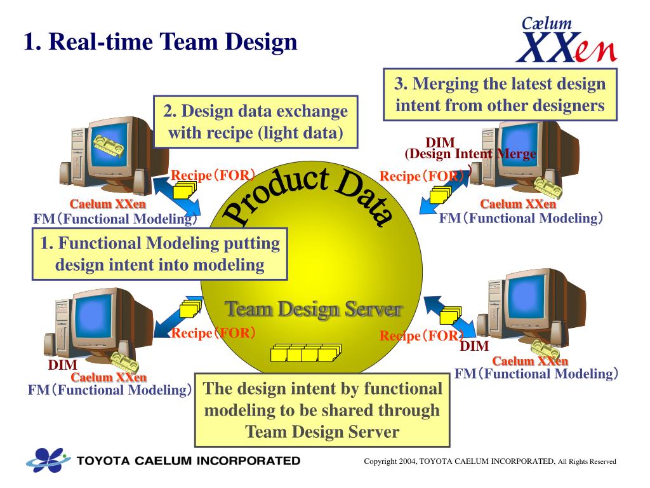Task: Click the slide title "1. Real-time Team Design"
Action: pos(161,43)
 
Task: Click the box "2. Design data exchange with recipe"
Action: pos(255,121)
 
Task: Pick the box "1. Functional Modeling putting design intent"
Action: pos(159,254)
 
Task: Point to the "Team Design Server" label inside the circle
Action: pos(314,310)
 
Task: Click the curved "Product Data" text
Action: pos(311,194)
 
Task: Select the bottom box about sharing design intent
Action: pos(322,410)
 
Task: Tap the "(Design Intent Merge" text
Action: pos(470,154)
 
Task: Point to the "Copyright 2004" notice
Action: pos(489,461)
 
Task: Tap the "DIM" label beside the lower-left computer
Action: pos(62,365)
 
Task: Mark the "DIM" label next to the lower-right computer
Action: pos(474,346)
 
